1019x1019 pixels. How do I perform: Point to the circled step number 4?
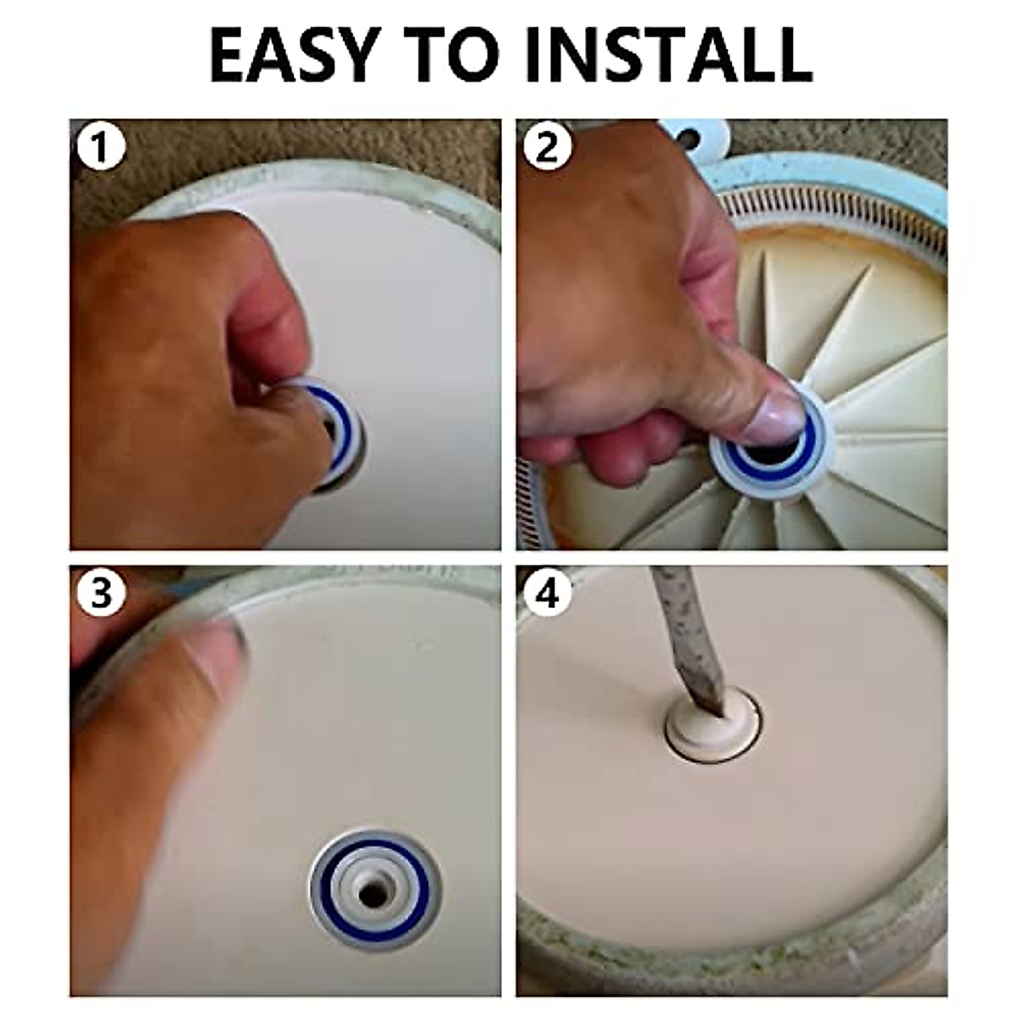click(x=548, y=592)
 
